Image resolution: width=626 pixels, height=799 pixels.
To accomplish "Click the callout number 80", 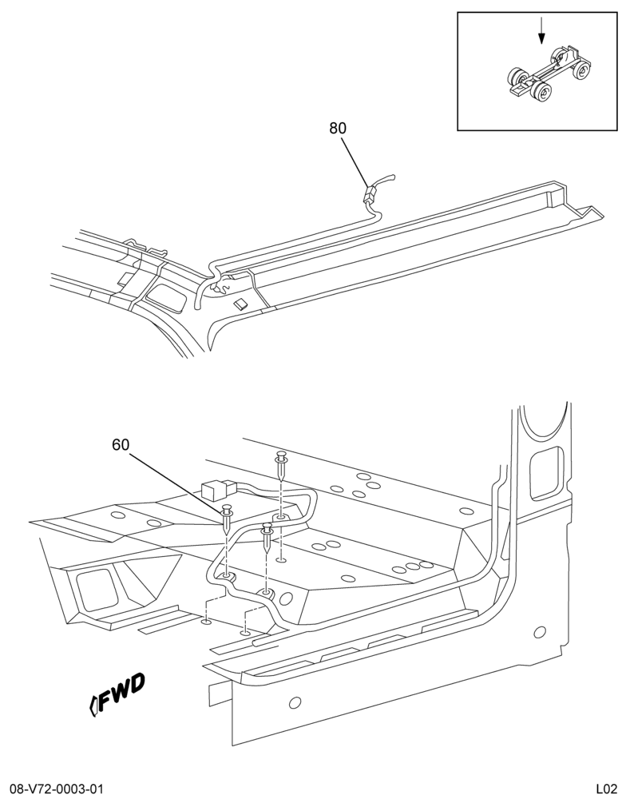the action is pyautogui.click(x=338, y=129).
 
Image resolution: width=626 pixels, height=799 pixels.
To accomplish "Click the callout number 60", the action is pyautogui.click(x=121, y=445).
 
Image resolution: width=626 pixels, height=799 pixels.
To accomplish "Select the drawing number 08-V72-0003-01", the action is pyautogui.click(x=53, y=789).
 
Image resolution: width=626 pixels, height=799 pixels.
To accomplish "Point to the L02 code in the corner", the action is pyautogui.click(x=607, y=789).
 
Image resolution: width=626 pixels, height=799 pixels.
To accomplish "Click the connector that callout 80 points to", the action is pyautogui.click(x=370, y=194).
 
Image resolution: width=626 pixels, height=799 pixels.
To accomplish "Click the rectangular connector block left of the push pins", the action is pyautogui.click(x=215, y=491).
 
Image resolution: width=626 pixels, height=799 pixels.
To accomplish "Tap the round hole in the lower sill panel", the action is pyautogui.click(x=295, y=704).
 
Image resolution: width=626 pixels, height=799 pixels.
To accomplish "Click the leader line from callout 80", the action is pyautogui.click(x=355, y=162).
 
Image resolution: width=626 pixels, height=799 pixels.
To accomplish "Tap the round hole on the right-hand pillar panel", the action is pyautogui.click(x=539, y=632).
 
